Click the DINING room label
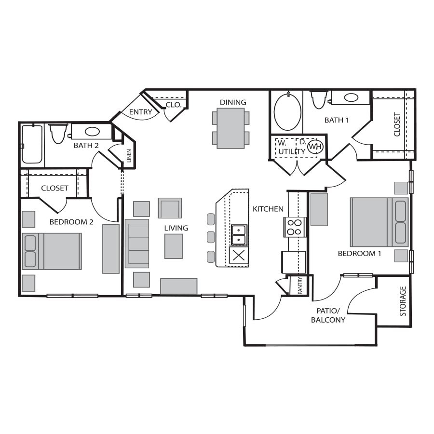click(x=233, y=102)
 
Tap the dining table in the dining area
click(x=231, y=128)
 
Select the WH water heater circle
click(x=315, y=146)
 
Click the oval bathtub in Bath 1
click(x=287, y=111)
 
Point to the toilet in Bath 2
click(x=58, y=134)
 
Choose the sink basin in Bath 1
click(x=351, y=97)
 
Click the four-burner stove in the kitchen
click(x=295, y=227)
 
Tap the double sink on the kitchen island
click(x=239, y=235)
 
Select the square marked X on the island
click(x=239, y=256)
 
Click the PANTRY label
click(x=300, y=285)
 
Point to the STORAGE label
click(x=403, y=301)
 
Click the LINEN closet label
click(x=129, y=156)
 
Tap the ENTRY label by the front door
click(x=141, y=112)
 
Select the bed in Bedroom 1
click(x=379, y=222)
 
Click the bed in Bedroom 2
click(x=52, y=251)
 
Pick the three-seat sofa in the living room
click(x=137, y=244)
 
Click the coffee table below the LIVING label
click(x=174, y=246)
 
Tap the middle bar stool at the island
click(x=211, y=237)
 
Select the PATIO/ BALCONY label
click(x=328, y=315)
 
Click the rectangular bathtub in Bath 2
click(x=32, y=145)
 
